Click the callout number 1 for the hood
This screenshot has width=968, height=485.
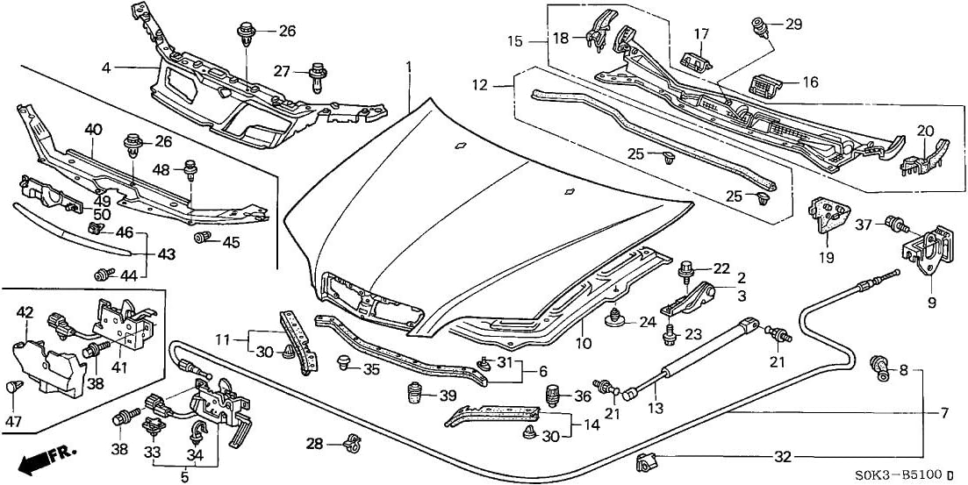tap(409, 67)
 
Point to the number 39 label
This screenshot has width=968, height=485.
tap(447, 395)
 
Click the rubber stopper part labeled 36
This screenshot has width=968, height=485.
tap(553, 395)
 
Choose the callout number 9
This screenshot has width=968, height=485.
tap(931, 303)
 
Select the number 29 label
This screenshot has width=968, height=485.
tap(793, 25)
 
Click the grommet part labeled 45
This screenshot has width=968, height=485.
tap(204, 239)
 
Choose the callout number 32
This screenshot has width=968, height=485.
tap(784, 456)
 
